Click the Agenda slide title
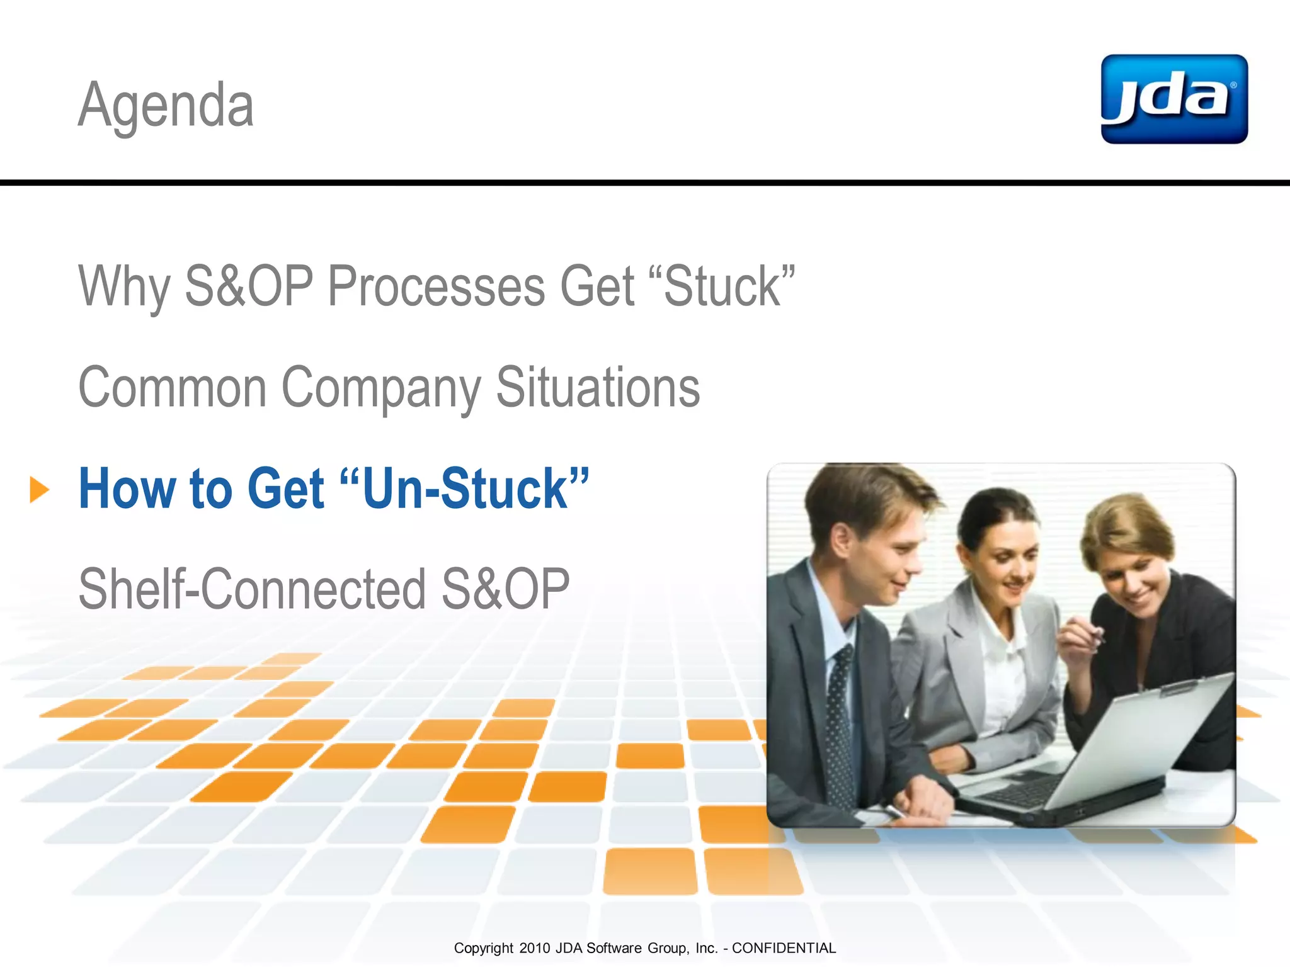point(166,105)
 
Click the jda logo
point(1173,99)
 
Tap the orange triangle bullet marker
point(39,490)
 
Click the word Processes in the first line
point(436,286)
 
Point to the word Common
point(172,387)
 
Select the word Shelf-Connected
point(251,589)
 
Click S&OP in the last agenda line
point(505,589)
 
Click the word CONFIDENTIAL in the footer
point(784,948)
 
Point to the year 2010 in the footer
point(534,948)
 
